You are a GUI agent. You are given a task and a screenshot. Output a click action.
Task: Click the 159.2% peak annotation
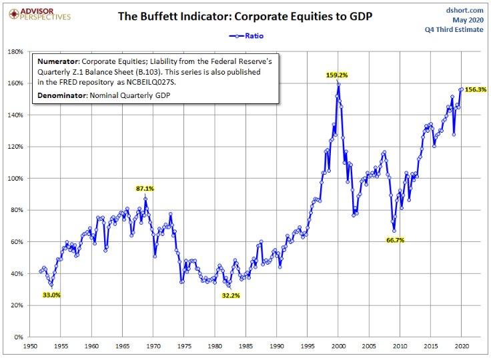point(338,75)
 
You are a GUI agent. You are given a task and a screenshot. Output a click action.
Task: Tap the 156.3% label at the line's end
point(475,89)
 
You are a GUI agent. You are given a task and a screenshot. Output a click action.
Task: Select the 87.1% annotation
point(145,189)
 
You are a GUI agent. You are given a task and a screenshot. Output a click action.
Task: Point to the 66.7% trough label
point(395,240)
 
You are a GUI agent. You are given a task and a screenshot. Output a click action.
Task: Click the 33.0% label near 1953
point(51,295)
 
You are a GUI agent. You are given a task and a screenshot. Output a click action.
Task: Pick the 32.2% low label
point(230,295)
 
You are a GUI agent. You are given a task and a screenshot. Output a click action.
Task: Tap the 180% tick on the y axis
point(15,51)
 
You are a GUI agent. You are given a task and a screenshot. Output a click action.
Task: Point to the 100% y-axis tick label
point(15,179)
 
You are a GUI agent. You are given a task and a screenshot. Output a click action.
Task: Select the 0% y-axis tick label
point(19,337)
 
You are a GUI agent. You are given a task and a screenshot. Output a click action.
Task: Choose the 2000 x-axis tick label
point(338,347)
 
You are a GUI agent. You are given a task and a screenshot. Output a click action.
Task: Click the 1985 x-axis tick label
point(246,347)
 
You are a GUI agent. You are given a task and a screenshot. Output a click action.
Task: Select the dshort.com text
point(464,9)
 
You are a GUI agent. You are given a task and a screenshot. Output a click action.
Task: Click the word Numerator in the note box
point(59,61)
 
